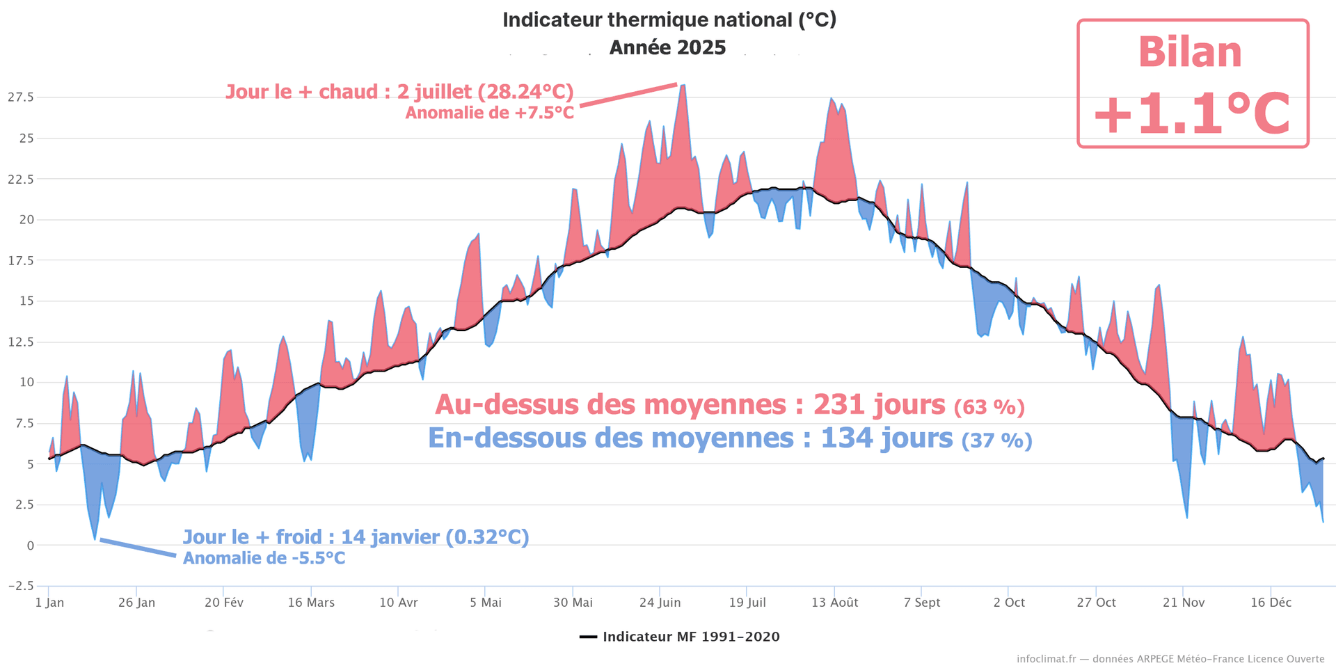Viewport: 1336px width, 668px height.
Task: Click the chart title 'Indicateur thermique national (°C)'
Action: (669, 20)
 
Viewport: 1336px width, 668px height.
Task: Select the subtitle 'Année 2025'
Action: (667, 48)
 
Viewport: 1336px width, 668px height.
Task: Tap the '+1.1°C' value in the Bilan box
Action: (1192, 114)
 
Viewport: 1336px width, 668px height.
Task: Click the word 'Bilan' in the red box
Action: (1190, 53)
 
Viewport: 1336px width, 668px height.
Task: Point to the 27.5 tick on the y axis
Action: (20, 97)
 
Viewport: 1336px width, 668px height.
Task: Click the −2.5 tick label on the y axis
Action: (20, 586)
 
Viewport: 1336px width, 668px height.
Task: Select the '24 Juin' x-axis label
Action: (660, 603)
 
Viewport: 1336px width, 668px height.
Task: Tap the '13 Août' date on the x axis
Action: (834, 603)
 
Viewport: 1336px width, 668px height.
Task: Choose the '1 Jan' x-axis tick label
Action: (49, 603)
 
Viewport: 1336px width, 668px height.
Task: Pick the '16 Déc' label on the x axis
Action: (1271, 603)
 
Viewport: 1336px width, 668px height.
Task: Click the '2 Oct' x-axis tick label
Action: (1009, 603)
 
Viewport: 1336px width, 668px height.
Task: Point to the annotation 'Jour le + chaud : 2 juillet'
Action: (399, 92)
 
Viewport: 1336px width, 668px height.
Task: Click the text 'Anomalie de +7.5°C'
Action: (490, 113)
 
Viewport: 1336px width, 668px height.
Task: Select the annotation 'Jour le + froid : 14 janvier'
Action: (356, 537)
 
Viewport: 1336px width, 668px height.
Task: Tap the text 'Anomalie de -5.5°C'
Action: (264, 558)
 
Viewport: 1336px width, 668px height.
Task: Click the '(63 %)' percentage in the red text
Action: (989, 406)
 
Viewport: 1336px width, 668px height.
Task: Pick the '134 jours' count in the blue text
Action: (886, 438)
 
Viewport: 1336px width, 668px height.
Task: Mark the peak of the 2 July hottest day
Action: (683, 85)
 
